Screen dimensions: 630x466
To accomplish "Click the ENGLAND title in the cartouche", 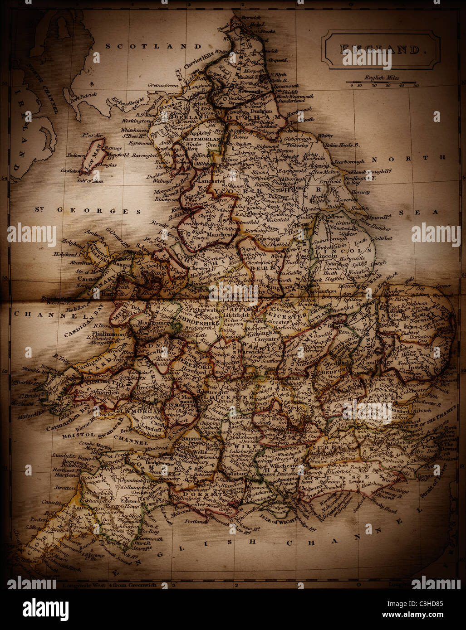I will (x=380, y=50).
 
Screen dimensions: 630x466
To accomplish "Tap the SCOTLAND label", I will (x=153, y=46).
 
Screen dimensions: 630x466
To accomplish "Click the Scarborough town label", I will (x=348, y=162).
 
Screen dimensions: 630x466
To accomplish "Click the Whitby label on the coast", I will (x=325, y=136).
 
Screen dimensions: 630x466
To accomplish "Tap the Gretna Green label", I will (x=163, y=85).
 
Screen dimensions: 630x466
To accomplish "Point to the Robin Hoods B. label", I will (x=342, y=145).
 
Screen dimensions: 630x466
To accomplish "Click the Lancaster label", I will (x=209, y=181).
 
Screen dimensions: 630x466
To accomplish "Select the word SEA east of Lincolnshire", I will (x=418, y=212).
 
